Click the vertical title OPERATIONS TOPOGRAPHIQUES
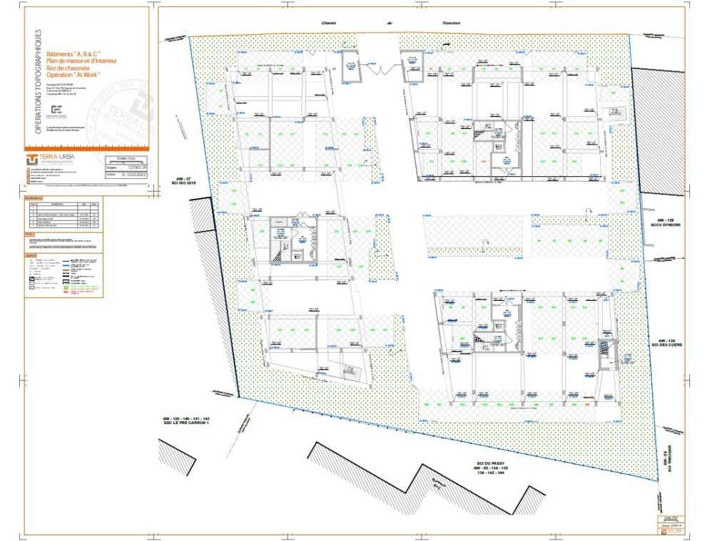[38, 82]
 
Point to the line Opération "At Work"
[73, 75]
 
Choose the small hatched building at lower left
[176, 457]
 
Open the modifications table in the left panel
[63, 213]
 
